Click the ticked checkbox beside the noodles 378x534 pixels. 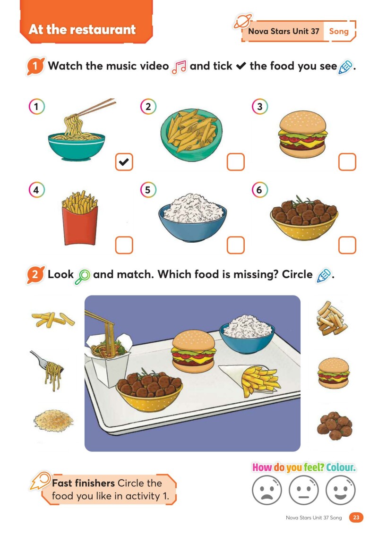pyautogui.click(x=124, y=162)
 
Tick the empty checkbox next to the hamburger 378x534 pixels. pyautogui.click(x=347, y=162)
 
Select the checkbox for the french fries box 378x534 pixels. pyautogui.click(x=124, y=245)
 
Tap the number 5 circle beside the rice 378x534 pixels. pyautogui.click(x=148, y=190)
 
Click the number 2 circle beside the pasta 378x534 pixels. pyautogui.click(x=148, y=107)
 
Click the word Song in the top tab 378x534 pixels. pyautogui.click(x=339, y=31)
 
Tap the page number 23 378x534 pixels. pyautogui.click(x=356, y=517)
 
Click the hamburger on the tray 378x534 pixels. pyautogui.click(x=193, y=351)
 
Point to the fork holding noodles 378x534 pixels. pyautogui.click(x=48, y=370)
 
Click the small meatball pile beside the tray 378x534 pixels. pyautogui.click(x=335, y=426)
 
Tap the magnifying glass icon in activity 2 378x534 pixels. pyautogui.click(x=83, y=276)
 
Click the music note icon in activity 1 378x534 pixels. pyautogui.click(x=179, y=67)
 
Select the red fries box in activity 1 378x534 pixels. pyautogui.click(x=80, y=218)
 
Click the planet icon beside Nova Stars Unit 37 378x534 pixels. pyautogui.click(x=243, y=22)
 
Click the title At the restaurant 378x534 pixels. pyautogui.click(x=82, y=30)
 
